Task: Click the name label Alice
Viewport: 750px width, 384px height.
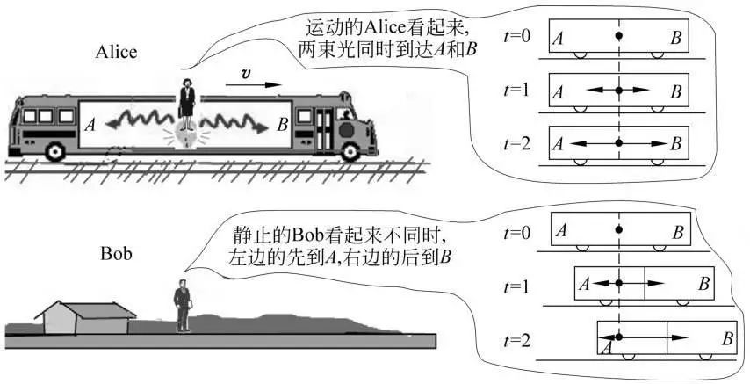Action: (116, 52)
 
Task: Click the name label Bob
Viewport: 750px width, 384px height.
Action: (115, 255)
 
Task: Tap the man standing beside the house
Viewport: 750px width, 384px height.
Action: (182, 304)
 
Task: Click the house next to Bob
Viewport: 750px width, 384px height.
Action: (85, 317)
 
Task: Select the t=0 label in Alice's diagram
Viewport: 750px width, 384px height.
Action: (520, 38)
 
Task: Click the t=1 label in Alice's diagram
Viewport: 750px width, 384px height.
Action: (520, 91)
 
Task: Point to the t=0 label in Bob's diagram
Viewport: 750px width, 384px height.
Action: (520, 233)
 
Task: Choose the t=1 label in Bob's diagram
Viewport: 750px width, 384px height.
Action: (520, 286)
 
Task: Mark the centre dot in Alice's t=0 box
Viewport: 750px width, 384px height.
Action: (618, 35)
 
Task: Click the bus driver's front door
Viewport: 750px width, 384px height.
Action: (325, 128)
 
